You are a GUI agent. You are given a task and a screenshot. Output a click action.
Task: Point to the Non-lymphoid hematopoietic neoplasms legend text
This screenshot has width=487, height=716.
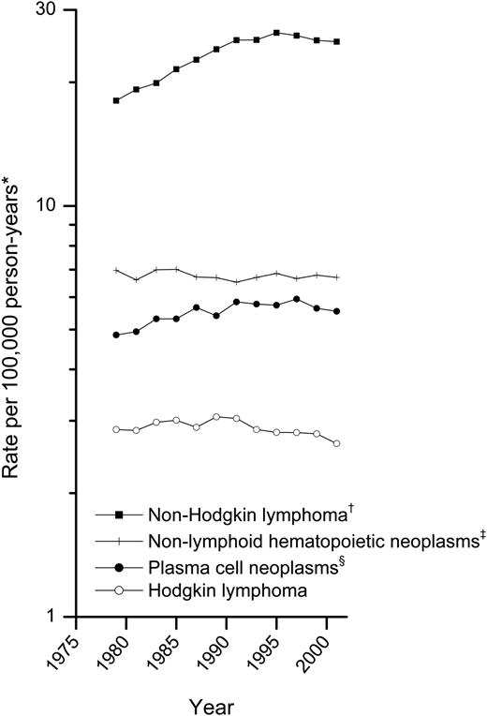tap(288, 541)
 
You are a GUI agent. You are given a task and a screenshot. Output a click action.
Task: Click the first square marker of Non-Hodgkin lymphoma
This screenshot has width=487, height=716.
tap(116, 100)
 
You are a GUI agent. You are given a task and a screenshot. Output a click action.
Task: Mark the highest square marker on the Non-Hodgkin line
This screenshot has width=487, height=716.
tap(276, 32)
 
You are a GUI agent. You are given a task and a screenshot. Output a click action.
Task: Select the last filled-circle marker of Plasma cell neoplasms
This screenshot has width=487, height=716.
tap(337, 311)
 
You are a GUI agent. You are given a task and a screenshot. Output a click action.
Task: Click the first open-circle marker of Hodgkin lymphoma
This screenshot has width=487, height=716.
tap(116, 429)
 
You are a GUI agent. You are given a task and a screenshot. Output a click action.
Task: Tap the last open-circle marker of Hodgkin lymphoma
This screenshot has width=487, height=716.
tap(337, 443)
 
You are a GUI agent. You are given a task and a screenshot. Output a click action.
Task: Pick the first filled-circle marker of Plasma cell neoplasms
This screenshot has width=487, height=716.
tap(116, 335)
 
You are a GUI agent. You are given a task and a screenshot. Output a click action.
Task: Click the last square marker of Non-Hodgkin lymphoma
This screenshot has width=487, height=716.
tap(337, 42)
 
